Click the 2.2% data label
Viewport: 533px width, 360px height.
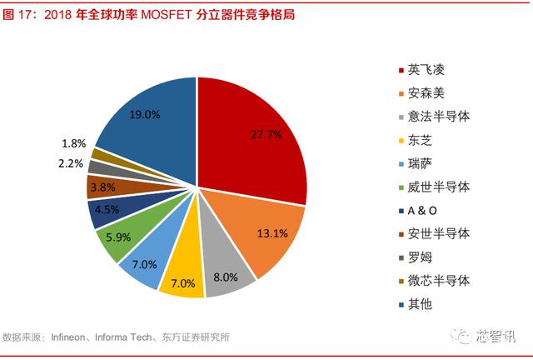point(72,163)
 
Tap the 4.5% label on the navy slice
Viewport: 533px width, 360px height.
point(107,211)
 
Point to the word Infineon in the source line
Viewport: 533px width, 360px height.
point(70,337)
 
